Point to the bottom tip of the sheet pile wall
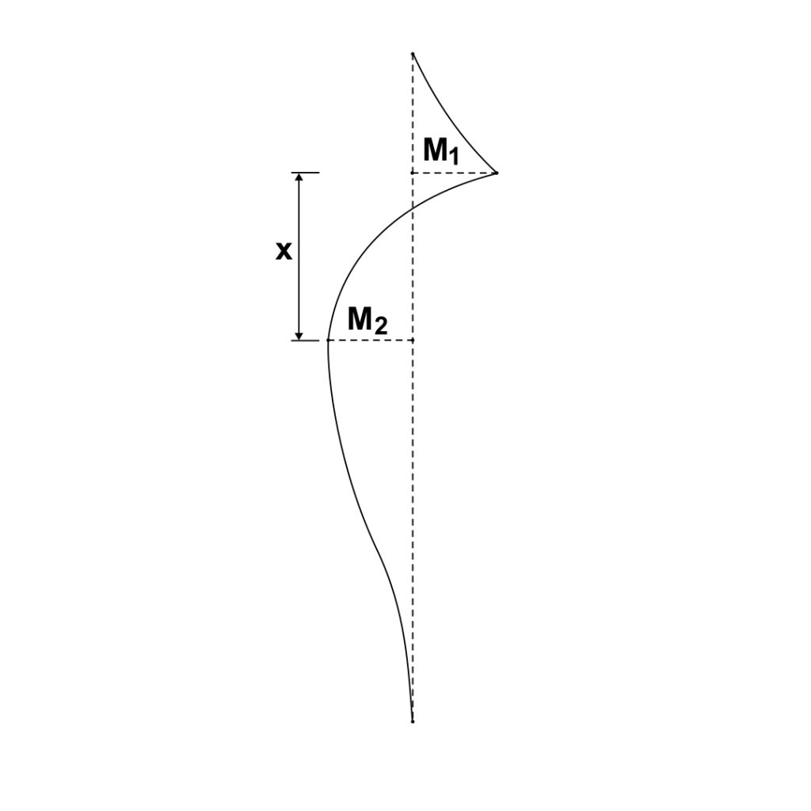[413, 722]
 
